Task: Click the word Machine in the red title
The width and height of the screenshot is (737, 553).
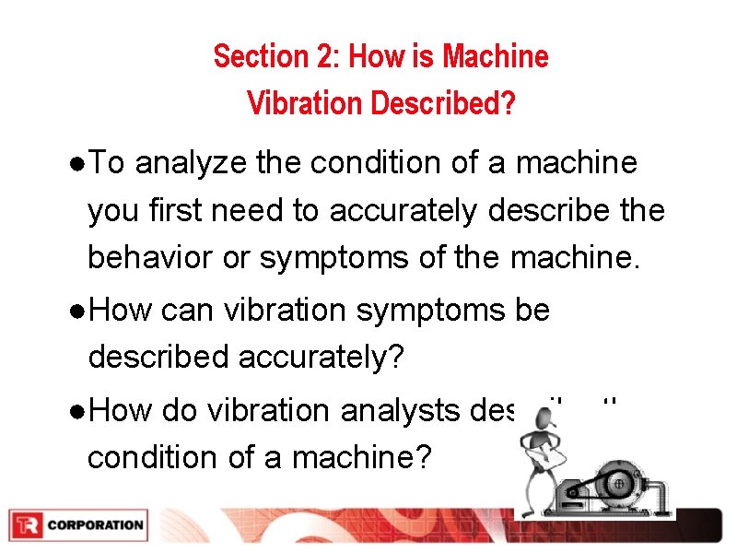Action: pos(495,57)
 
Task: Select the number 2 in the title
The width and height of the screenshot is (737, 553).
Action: pos(328,57)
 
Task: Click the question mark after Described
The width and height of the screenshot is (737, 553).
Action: pos(509,103)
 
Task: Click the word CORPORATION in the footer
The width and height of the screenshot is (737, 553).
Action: pos(95,525)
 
